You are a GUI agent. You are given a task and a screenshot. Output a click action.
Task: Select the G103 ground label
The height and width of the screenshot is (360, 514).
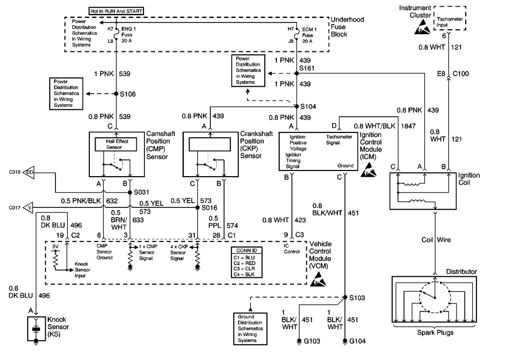[x=314, y=341]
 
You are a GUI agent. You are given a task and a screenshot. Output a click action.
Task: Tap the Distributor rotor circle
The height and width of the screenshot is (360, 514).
[x=435, y=298]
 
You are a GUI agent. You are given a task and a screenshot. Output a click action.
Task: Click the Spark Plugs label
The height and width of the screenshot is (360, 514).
[x=435, y=333]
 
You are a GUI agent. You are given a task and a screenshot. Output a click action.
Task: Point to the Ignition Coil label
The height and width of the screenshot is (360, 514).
[x=469, y=179]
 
